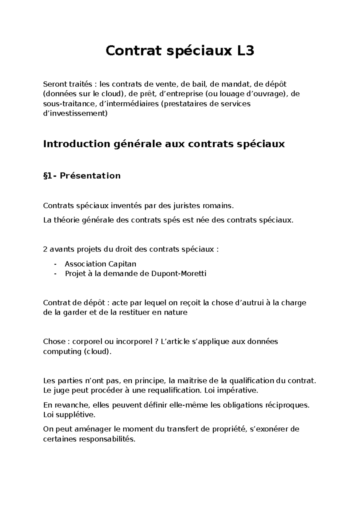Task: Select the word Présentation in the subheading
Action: tap(90, 176)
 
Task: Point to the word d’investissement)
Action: tap(75, 114)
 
